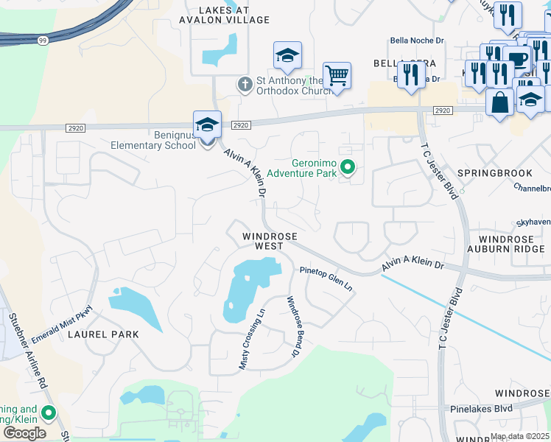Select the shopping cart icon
(337, 74)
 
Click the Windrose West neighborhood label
(270, 242)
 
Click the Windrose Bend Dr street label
(295, 327)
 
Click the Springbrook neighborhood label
(494, 173)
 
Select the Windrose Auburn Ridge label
(513, 245)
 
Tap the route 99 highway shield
(42, 40)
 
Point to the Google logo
(24, 433)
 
